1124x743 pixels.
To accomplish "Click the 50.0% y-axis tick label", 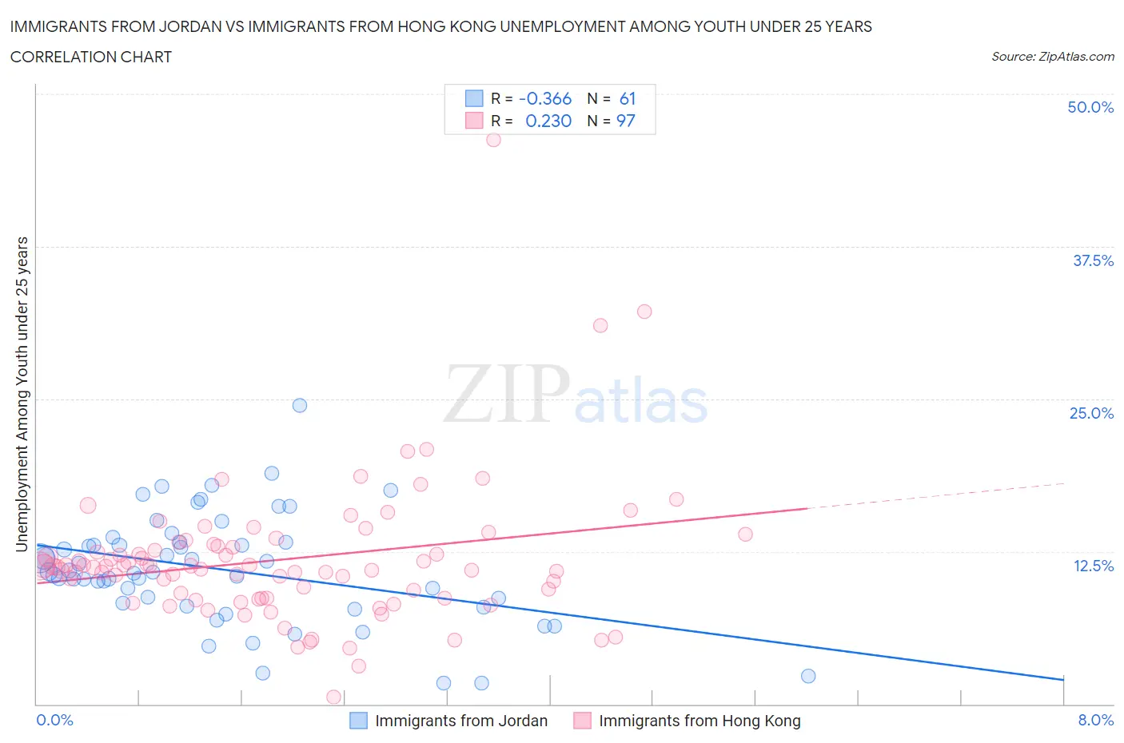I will pos(1090,107).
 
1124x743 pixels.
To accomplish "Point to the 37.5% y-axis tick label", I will pos(1093,260).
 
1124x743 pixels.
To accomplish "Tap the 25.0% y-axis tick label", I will pos(1091,413).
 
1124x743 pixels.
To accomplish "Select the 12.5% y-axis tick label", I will pos(1093,566).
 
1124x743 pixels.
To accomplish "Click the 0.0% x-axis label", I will pos(54,720).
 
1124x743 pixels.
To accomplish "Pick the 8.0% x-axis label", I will pos(1095,720).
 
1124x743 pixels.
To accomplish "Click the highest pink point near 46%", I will pos(493,140).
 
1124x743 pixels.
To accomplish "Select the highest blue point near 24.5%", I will pos(300,405).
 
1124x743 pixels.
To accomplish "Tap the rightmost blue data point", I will pos(808,676).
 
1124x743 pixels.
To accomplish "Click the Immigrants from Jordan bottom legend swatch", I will pos(359,721).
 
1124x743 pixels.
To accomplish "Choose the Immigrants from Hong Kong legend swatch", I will pos(583,721).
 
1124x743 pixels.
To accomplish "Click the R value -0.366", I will pos(545,98).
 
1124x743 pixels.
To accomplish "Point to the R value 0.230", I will pos(548,121).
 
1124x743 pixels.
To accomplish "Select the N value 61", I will pos(628,98).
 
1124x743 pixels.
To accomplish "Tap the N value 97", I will pos(625,121).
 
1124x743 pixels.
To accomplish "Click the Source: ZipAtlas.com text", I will pos(1052,57).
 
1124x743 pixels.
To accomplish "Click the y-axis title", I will pos(22,394).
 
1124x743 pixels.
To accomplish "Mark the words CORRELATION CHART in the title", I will pos(91,57).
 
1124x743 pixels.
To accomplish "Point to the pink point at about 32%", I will pos(644,312).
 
